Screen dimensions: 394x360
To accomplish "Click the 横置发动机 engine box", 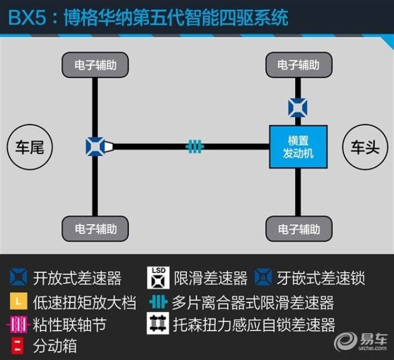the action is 298,147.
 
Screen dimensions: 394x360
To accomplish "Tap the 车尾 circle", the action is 29,147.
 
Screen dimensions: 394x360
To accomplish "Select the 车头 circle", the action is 365,147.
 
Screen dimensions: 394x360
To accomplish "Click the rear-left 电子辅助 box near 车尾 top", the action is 95,65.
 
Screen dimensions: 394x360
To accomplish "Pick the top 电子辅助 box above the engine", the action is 299,65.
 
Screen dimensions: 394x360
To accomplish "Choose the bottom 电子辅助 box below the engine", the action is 299,229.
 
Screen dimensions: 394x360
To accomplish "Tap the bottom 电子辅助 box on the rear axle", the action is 95,229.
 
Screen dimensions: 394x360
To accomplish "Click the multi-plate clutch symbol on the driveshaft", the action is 195,146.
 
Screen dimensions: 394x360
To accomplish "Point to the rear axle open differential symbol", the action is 95,146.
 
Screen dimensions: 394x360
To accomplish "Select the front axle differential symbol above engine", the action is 298,108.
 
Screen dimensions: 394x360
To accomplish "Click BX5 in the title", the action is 28,17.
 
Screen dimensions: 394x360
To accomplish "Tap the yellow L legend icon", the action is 19,301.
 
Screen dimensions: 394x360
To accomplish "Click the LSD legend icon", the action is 158,278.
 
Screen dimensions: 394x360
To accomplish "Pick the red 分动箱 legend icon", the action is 17,346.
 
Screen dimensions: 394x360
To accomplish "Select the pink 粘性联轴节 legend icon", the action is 18,324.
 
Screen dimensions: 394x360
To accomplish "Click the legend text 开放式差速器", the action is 77,278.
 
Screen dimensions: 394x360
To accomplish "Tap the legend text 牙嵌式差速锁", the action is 321,278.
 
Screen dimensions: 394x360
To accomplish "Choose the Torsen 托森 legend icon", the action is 158,324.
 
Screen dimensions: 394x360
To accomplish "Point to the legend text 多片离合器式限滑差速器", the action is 253,302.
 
